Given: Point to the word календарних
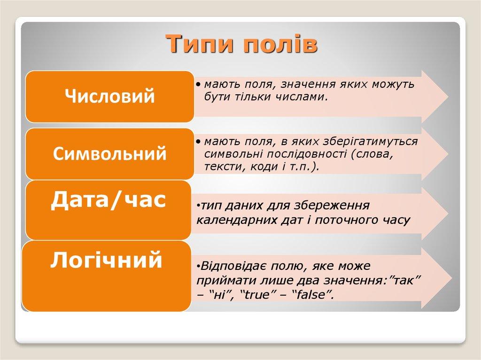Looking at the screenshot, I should [x=233, y=219].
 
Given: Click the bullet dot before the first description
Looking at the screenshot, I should [x=200, y=84].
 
